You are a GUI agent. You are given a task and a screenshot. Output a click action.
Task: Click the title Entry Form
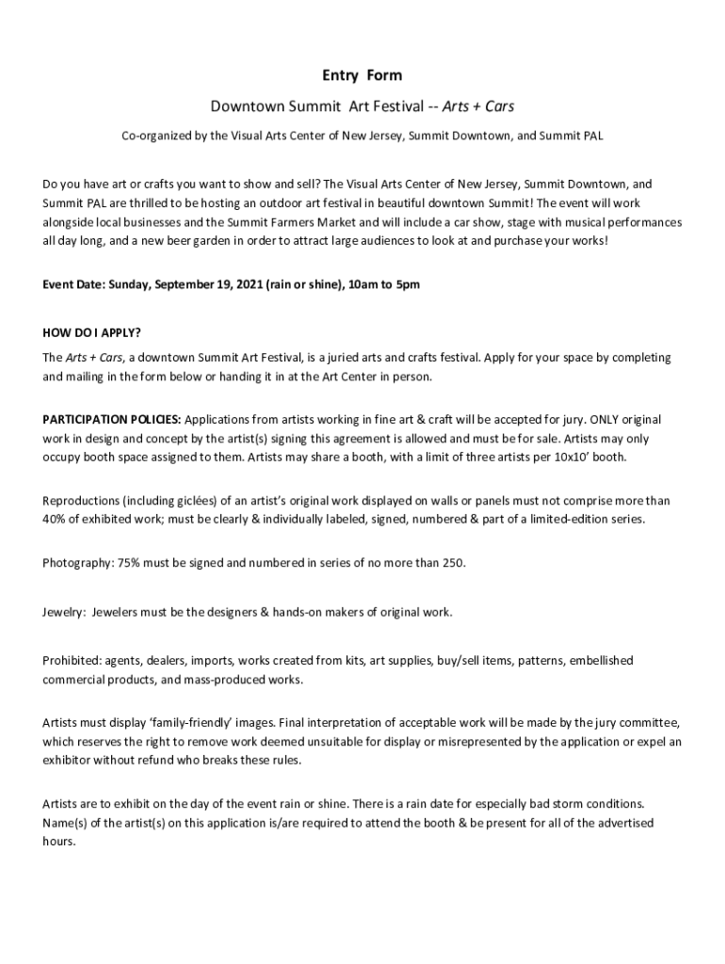[x=362, y=75]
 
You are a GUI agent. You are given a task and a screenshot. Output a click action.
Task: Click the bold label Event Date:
[x=74, y=284]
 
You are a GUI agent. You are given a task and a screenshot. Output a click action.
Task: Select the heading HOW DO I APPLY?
[x=91, y=333]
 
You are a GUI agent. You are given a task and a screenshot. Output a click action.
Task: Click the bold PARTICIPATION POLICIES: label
[x=112, y=419]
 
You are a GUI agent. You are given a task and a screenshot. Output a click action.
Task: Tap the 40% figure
[x=55, y=520]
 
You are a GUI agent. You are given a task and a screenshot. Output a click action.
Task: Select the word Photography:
[x=77, y=563]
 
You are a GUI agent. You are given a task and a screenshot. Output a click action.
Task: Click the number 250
[x=453, y=563]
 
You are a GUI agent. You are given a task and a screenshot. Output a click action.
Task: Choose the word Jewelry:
[x=64, y=612]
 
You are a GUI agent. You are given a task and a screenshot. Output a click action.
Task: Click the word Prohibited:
[x=72, y=661]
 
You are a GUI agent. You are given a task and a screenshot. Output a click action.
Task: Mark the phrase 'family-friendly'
[x=173, y=723]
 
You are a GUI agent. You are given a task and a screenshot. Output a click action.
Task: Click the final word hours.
[x=58, y=842]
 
